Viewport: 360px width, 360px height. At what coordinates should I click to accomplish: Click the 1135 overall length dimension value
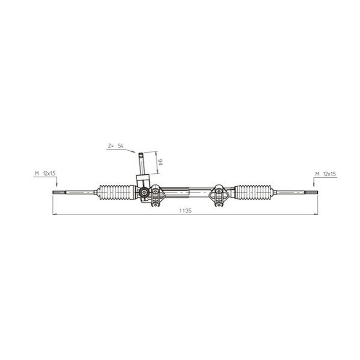tap(185, 211)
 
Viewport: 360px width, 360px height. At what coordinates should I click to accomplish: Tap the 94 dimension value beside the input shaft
tap(160, 162)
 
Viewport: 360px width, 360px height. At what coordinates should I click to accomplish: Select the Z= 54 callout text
tap(116, 146)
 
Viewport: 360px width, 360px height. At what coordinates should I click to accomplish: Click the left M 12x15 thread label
tap(45, 173)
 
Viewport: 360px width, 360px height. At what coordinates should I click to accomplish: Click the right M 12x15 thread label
tap(325, 174)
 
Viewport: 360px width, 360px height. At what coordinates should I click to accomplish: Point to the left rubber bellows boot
tap(117, 192)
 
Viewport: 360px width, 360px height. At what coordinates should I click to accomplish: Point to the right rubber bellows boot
tap(253, 192)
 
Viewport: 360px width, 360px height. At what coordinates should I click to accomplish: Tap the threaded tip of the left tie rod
tap(59, 193)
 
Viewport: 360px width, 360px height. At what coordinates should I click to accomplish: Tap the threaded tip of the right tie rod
tap(311, 193)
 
